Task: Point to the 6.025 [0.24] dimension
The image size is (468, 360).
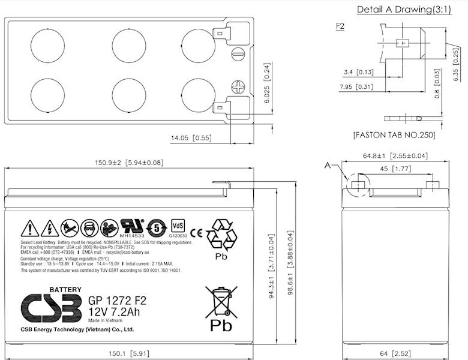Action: [267, 100]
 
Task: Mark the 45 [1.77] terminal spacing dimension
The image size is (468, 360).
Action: [394, 170]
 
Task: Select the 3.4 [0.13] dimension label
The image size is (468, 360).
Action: [359, 72]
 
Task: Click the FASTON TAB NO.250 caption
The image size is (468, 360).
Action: [394, 135]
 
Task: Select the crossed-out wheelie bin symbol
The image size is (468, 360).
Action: [220, 301]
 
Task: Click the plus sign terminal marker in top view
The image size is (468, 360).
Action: [239, 87]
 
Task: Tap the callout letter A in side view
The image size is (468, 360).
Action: [327, 164]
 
